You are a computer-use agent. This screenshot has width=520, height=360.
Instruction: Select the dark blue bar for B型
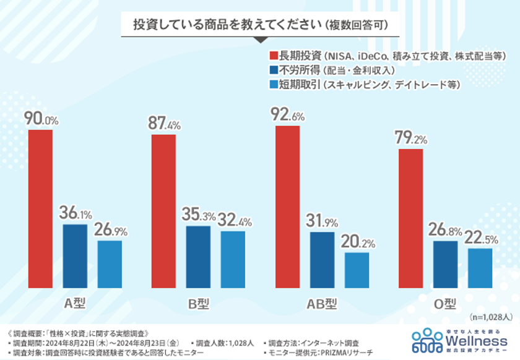coord(198,257)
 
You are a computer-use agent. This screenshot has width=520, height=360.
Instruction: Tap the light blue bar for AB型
coord(357,270)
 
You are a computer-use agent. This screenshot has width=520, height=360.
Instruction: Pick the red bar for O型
coord(410,218)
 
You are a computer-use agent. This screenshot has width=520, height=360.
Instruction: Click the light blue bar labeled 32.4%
coord(233,259)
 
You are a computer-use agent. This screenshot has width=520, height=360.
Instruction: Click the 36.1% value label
coord(75,214)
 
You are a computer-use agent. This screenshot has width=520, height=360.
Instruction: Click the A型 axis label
coord(75,303)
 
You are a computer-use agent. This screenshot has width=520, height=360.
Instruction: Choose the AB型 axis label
coord(322,303)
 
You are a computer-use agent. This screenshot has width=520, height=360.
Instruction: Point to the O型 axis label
coord(444,303)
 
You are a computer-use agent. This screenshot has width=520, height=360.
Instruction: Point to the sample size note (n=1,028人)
coord(490,317)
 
